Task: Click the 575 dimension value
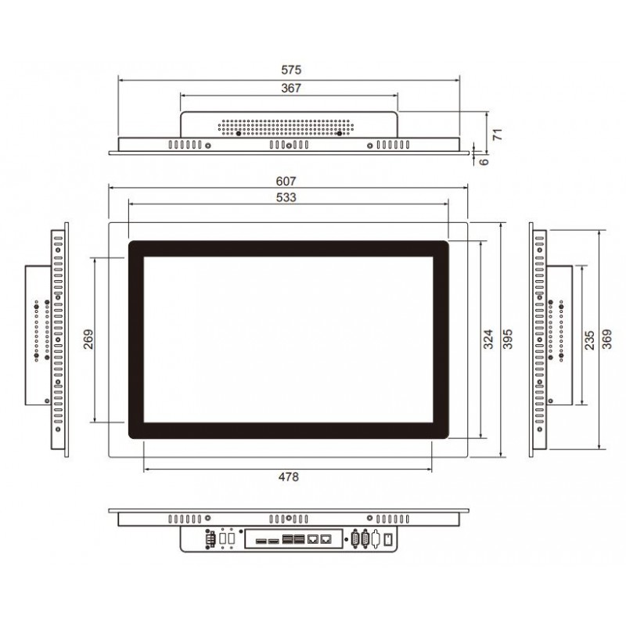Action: click(x=287, y=70)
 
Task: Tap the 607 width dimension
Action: click(x=287, y=181)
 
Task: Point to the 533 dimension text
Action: click(x=287, y=199)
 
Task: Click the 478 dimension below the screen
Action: click(x=287, y=477)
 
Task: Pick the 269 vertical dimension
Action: click(x=88, y=338)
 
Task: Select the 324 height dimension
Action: click(x=487, y=338)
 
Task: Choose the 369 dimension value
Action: click(x=609, y=338)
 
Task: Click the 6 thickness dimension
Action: click(x=484, y=160)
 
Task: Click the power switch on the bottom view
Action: click(x=387, y=539)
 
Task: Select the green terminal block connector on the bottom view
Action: click(x=210, y=539)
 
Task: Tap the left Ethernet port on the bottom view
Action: click(x=313, y=539)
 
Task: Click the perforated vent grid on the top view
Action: click(x=290, y=125)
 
